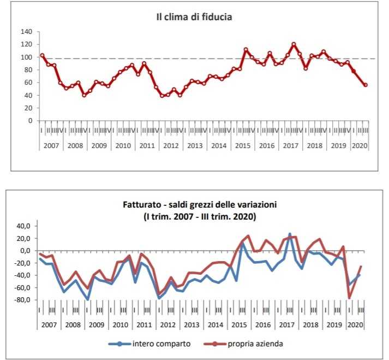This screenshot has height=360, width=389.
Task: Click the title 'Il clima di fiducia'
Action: (x=194, y=17)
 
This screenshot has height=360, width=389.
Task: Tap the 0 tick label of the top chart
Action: (x=30, y=121)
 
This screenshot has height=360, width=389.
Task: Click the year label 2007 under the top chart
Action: (x=50, y=146)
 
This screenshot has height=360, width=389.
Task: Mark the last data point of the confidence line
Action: (x=366, y=85)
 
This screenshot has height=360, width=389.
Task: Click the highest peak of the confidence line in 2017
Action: (x=294, y=44)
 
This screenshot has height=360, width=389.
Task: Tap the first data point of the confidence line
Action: (x=42, y=56)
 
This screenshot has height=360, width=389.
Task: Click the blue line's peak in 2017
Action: (x=290, y=234)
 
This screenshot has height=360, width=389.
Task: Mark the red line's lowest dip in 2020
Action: (x=349, y=298)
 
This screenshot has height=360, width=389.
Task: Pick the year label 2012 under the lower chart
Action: (x=167, y=324)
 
